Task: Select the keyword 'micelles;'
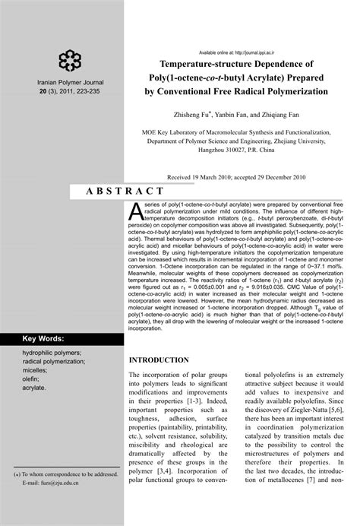coord(37,369)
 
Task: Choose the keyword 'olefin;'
coord(33,379)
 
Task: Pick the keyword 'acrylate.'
coord(36,388)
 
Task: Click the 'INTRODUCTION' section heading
coord(159,360)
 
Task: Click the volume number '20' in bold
coord(33,91)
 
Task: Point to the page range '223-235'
coord(81,91)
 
